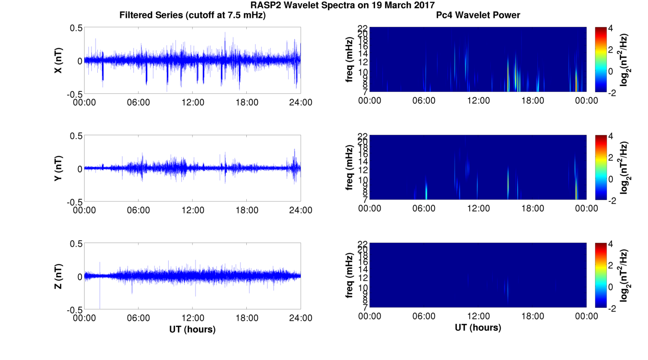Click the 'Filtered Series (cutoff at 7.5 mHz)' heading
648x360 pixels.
click(x=192, y=15)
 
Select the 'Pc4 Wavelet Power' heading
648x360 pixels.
click(x=478, y=15)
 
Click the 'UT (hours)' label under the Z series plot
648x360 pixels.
click(x=192, y=329)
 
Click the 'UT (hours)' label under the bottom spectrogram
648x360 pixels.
click(x=478, y=328)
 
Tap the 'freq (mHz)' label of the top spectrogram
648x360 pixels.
click(x=350, y=60)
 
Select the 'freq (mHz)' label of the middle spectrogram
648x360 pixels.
click(x=350, y=168)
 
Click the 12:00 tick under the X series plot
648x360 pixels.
click(x=192, y=102)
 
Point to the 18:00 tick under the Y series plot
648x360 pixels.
click(x=247, y=210)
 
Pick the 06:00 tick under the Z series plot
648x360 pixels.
click(x=138, y=318)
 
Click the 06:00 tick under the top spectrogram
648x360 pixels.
click(x=424, y=101)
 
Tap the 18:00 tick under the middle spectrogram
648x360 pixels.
click(x=532, y=208)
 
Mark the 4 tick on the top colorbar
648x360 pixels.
click(x=614, y=28)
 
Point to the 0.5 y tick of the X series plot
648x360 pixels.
click(x=76, y=28)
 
